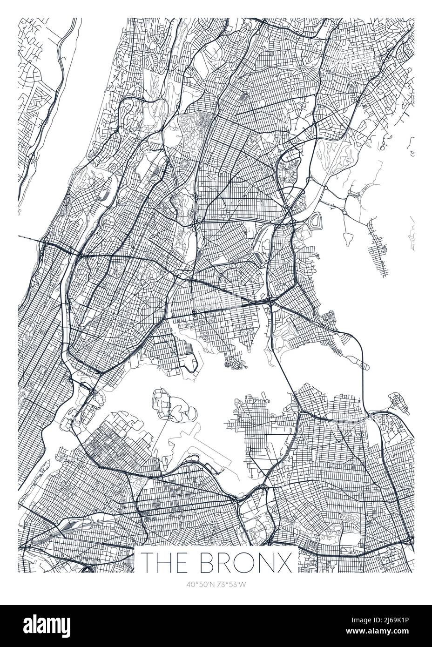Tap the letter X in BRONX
coord(285,562)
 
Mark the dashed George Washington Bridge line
coord(30,238)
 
